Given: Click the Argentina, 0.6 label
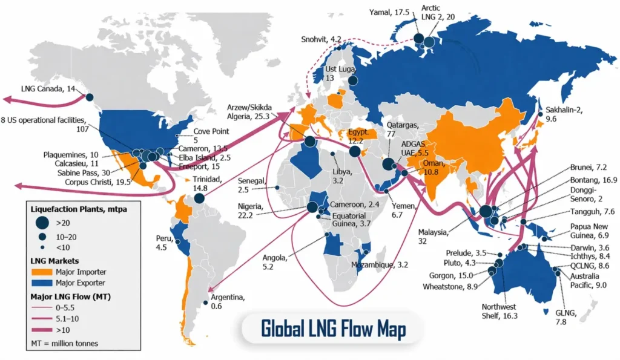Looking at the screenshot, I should [228, 301].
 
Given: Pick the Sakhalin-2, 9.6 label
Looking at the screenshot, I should [564, 115].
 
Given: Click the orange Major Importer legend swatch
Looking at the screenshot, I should [44, 272].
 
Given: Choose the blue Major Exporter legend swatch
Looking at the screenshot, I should [44, 283].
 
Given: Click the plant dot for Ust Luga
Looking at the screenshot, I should [353, 80].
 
